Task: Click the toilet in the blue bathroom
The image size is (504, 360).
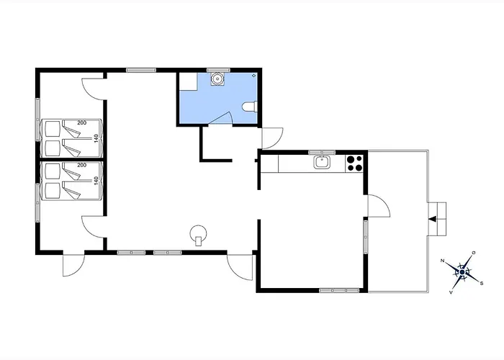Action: pyautogui.click(x=250, y=107)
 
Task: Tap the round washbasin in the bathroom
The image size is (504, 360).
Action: pyautogui.click(x=218, y=78)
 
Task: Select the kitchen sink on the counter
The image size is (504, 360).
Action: pyautogui.click(x=322, y=162)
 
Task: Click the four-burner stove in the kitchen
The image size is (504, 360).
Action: pyautogui.click(x=354, y=163)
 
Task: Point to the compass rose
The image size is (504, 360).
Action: pyautogui.click(x=462, y=273)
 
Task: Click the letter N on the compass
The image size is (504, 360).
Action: pyautogui.click(x=443, y=261)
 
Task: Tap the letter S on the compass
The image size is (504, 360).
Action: pyautogui.click(x=481, y=283)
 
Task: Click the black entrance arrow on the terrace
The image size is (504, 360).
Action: pyautogui.click(x=433, y=219)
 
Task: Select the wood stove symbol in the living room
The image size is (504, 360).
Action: pyautogui.click(x=198, y=235)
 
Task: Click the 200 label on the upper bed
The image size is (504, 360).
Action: pyautogui.click(x=82, y=122)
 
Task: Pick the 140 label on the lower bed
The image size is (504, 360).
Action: pyautogui.click(x=96, y=180)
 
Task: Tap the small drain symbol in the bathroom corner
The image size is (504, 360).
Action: pyautogui.click(x=254, y=76)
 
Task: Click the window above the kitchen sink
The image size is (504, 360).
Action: pyautogui.click(x=322, y=153)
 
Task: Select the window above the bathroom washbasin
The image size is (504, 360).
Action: pyautogui.click(x=219, y=70)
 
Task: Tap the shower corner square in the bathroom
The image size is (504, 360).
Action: pyautogui.click(x=188, y=81)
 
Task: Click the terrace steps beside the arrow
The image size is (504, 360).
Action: pyautogui.click(x=437, y=219)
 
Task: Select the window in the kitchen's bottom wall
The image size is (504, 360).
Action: pyautogui.click(x=339, y=291)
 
